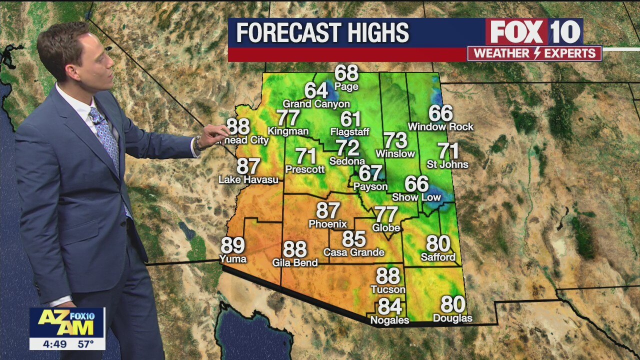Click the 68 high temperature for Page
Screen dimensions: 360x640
click(x=346, y=73)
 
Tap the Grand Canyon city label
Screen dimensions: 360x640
click(x=316, y=104)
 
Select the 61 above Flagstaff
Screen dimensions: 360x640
click(x=350, y=119)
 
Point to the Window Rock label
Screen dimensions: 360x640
click(x=440, y=127)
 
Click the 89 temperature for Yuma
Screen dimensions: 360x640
click(x=232, y=245)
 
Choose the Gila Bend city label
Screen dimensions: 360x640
click(x=295, y=262)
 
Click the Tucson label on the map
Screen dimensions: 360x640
click(x=388, y=289)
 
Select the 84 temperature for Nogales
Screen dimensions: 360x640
click(x=389, y=306)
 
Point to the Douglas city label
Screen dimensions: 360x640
click(x=452, y=318)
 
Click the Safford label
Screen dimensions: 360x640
click(x=438, y=257)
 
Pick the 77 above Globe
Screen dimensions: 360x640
click(x=386, y=214)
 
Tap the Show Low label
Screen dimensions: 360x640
click(x=416, y=197)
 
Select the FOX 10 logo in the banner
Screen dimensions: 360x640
click(x=534, y=32)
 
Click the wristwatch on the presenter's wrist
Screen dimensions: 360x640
click(x=198, y=144)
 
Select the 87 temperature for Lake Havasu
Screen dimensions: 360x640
click(x=248, y=166)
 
